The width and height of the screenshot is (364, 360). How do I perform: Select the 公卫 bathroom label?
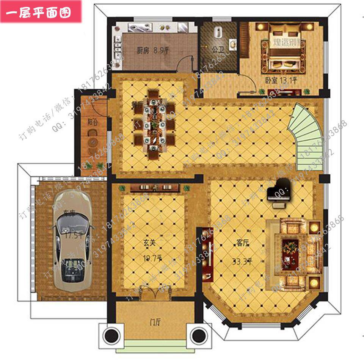pyautogui.click(x=217, y=49)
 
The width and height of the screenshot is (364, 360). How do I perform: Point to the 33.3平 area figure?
pyautogui.click(x=243, y=261)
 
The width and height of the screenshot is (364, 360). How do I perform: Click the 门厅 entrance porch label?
pyautogui.click(x=155, y=322)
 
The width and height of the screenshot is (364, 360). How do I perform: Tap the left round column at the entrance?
pyautogui.click(x=112, y=334)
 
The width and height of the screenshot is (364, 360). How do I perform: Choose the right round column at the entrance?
pyautogui.click(x=198, y=334)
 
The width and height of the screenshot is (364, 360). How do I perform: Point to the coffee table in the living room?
pyautogui.click(x=292, y=246)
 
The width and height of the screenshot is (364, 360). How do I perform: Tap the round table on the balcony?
pyautogui.click(x=92, y=142)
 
